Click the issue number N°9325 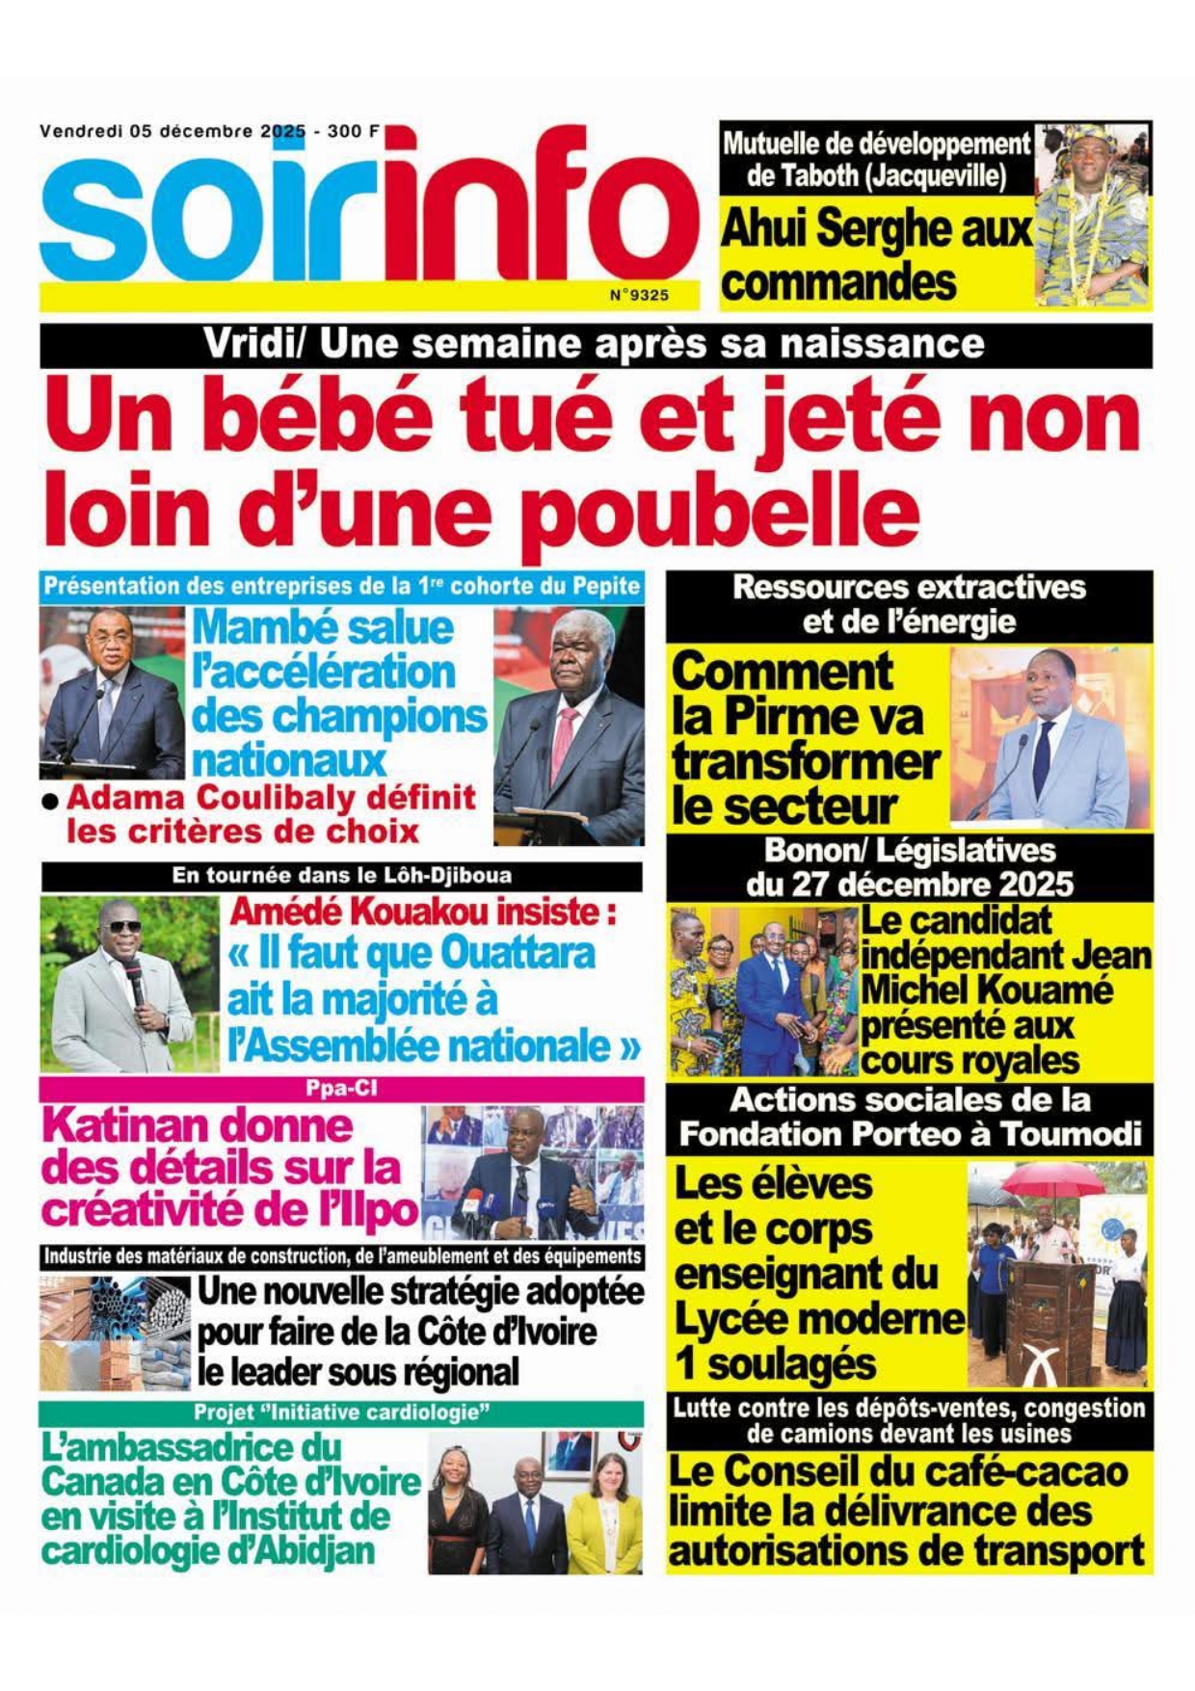click(639, 295)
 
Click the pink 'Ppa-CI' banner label click(341, 1089)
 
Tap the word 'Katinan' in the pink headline click(199, 1125)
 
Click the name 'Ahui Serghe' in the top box click(874, 229)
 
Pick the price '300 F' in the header click(353, 131)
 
